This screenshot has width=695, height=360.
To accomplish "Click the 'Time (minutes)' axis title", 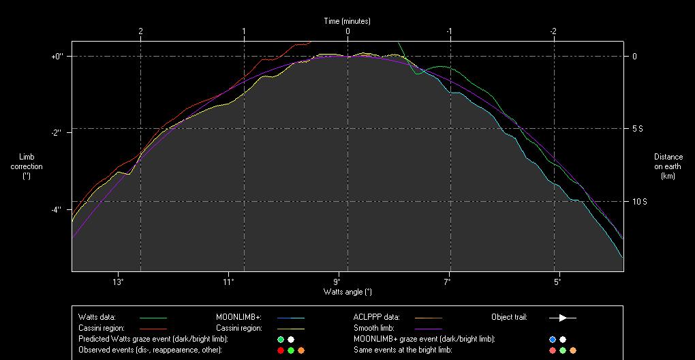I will click(347, 21).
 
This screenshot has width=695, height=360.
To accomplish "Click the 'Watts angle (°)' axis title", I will click(347, 291).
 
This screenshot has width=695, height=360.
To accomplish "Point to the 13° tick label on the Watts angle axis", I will click(118, 281).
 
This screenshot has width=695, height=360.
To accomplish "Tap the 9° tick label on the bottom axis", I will click(337, 281).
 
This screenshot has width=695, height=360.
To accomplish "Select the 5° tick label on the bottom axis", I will click(557, 281).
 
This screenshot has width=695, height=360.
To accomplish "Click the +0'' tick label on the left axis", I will click(57, 56).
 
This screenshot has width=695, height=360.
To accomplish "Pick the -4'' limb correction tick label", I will click(57, 209).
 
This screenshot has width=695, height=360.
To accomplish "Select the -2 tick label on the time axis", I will click(553, 31).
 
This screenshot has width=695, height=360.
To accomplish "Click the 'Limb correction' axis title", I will click(27, 166).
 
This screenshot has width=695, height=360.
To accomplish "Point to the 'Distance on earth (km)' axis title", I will click(668, 166).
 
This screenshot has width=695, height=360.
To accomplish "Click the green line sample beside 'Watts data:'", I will click(153, 318).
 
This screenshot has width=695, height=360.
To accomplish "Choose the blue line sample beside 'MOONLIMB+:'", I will click(290, 318).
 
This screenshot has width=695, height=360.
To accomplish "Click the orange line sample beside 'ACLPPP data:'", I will click(428, 318).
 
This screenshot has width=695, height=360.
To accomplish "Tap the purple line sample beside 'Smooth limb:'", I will click(428, 329).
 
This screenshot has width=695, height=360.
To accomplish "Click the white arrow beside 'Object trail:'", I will click(563, 318).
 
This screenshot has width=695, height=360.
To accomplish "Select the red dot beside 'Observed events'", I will click(281, 350).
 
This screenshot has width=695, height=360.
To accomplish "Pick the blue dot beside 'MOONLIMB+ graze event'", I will click(553, 340).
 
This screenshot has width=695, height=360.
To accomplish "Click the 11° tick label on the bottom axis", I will click(228, 281).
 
